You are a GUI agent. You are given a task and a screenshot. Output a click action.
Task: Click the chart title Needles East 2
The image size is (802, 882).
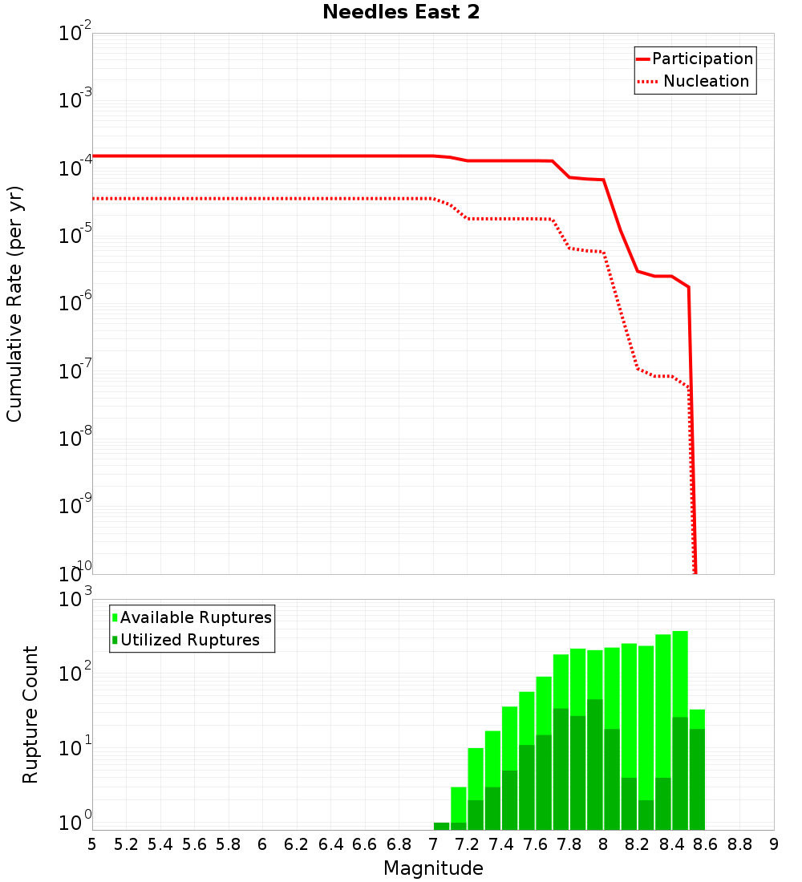point(401,13)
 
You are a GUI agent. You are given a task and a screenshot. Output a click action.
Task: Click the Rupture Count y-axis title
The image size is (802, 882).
point(30,714)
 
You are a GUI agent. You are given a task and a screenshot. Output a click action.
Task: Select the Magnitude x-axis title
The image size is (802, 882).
point(433,868)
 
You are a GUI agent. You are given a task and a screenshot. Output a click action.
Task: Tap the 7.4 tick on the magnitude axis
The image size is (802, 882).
point(501,844)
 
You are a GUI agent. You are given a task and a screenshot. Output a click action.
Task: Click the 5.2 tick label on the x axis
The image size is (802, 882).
point(126,844)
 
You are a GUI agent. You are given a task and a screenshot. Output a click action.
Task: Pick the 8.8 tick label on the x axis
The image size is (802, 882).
point(739,844)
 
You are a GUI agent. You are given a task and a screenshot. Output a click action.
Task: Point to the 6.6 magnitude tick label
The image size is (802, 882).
point(365,844)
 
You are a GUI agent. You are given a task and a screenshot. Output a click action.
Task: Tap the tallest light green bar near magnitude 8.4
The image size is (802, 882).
point(680,674)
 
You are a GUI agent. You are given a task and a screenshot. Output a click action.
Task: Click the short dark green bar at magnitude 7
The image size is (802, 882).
point(441,826)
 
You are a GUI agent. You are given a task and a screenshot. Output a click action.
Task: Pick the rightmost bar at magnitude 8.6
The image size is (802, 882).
point(697,770)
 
